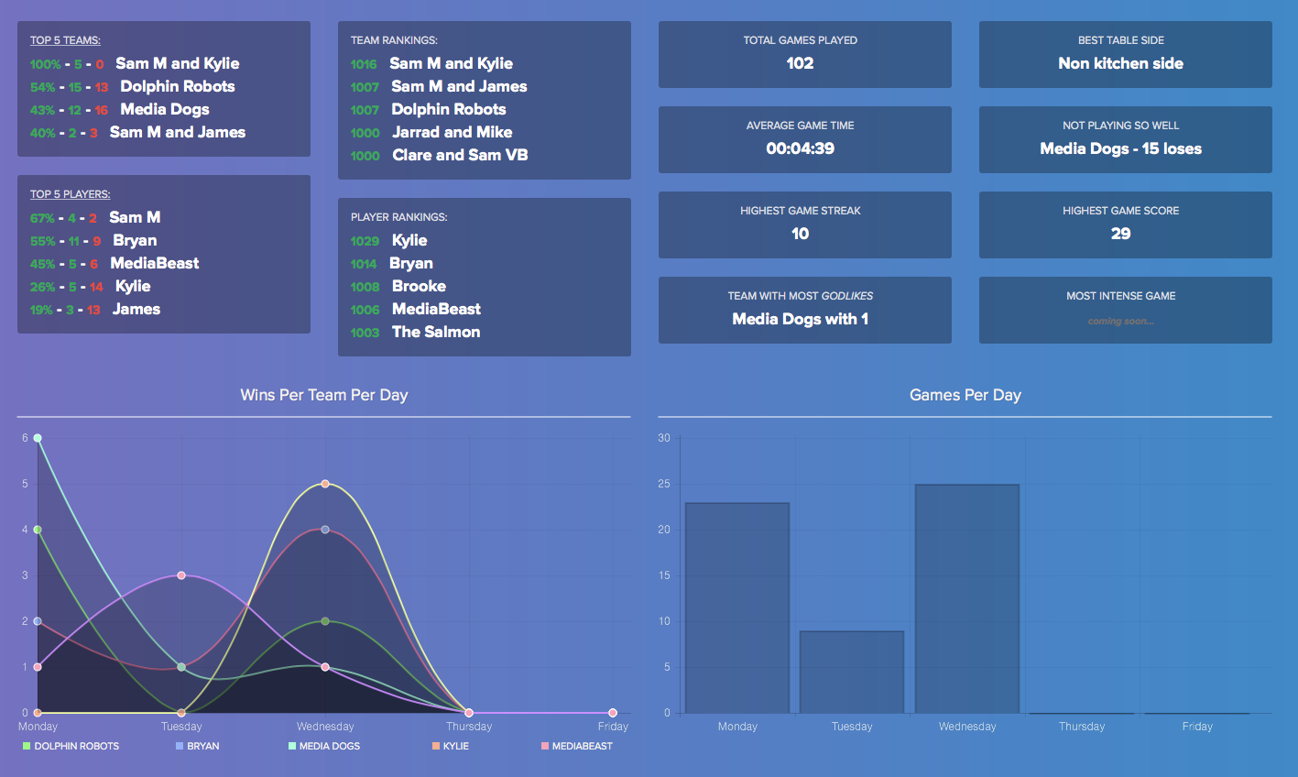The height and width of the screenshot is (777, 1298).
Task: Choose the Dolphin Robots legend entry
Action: [76, 746]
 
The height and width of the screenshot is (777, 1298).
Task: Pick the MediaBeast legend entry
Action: [582, 746]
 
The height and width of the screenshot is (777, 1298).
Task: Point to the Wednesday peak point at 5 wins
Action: [325, 484]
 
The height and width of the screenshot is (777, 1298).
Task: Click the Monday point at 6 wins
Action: [38, 438]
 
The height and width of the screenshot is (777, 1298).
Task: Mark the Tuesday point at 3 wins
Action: [181, 575]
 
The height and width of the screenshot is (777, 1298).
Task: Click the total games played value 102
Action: [800, 63]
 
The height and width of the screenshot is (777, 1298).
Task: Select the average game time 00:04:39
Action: [800, 148]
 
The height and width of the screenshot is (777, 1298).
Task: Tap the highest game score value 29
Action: [1120, 234]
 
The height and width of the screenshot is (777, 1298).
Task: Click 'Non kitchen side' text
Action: [1120, 63]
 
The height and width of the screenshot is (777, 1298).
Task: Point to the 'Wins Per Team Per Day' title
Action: [323, 395]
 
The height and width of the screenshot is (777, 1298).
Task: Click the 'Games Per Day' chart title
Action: [965, 395]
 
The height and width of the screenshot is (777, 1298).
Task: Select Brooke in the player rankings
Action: [419, 286]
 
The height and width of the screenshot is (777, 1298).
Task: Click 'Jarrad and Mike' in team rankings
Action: [452, 132]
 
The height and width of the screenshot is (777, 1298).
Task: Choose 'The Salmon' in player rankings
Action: [436, 332]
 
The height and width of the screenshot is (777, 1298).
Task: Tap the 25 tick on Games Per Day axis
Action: [664, 484]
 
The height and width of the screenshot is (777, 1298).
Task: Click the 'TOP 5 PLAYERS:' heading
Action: [70, 194]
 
